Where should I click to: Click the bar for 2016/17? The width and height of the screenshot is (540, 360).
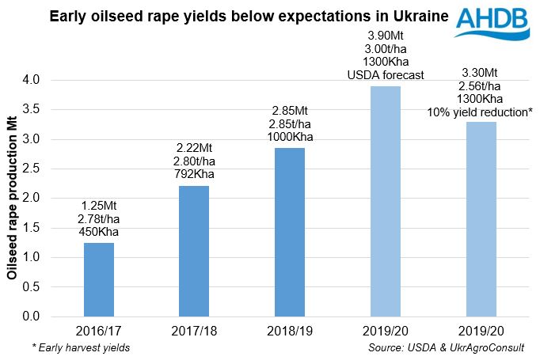[98, 279]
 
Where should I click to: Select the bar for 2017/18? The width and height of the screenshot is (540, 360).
[195, 251]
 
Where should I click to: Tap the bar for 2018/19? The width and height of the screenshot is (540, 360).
[291, 232]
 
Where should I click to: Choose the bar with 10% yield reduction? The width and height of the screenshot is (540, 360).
[482, 218]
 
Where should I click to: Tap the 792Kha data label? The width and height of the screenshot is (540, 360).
[195, 174]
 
